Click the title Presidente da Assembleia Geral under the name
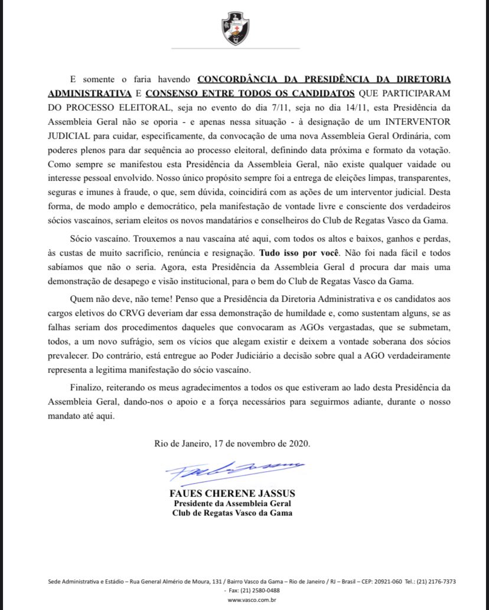(232, 503)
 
